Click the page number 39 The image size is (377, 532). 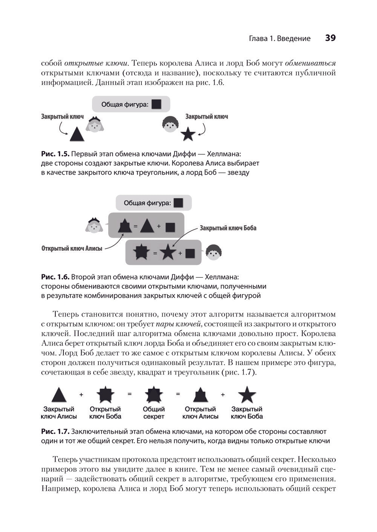pyautogui.click(x=330, y=38)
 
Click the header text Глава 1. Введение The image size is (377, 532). pyautogui.click(x=280, y=38)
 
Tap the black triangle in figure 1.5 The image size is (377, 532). pyautogui.click(x=76, y=134)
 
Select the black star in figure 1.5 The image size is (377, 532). pyautogui.click(x=188, y=134)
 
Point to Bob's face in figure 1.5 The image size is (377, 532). pyautogui.click(x=170, y=123)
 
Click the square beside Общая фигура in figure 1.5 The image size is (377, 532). pyautogui.click(x=156, y=104)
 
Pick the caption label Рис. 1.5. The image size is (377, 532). pyautogui.click(x=55, y=154)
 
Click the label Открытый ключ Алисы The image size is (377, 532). pyautogui.click(x=72, y=248)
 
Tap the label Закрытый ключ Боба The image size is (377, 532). pyautogui.click(x=228, y=228)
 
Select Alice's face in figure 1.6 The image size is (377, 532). pyautogui.click(x=94, y=226)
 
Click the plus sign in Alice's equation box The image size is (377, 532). pyautogui.click(x=159, y=226)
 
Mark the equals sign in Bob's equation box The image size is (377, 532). pyautogui.click(x=155, y=253)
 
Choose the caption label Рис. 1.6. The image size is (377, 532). pyautogui.click(x=55, y=277)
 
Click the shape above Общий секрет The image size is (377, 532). pyautogui.click(x=153, y=395)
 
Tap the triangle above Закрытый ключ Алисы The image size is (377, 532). pyautogui.click(x=59, y=395)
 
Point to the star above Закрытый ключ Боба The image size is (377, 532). pyautogui.click(x=247, y=395)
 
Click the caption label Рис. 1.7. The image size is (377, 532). pyautogui.click(x=55, y=431)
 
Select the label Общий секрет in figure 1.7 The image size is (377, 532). pyautogui.click(x=154, y=413)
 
